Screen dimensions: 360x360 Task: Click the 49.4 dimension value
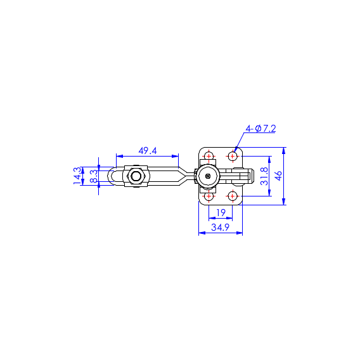[148, 151]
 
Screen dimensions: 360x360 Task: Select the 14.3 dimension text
[77, 176]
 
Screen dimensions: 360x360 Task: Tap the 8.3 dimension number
[94, 176]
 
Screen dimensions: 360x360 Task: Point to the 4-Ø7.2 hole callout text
[260, 128]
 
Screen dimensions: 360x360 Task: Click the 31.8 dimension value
[264, 176]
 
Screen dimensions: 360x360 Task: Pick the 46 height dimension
[278, 176]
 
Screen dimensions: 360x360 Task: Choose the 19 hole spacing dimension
[221, 213]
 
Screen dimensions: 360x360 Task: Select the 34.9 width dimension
[221, 228]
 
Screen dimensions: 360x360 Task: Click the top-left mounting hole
[209, 157]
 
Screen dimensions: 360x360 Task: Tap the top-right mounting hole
[233, 157]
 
